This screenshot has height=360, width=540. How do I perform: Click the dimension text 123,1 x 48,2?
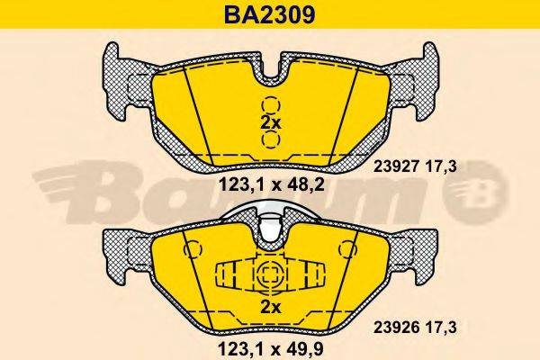tap(269, 186)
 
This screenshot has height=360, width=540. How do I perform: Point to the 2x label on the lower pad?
tap(270, 306)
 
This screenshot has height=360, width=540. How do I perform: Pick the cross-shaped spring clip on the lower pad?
tap(269, 274)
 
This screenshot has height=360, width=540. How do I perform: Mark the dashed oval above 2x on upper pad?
tap(270, 103)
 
